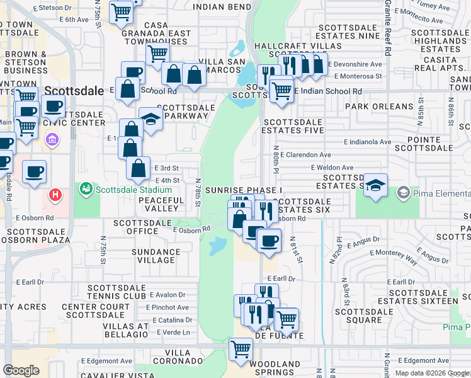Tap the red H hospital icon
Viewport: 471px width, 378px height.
click(56, 195)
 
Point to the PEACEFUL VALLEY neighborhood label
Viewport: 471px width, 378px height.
click(161, 204)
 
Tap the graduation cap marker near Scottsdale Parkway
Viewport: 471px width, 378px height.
click(150, 119)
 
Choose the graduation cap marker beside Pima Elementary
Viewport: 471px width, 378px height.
click(375, 185)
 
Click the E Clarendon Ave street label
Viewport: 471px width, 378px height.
click(306, 154)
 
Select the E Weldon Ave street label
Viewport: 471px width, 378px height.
click(332, 168)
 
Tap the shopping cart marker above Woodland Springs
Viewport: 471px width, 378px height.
click(241, 348)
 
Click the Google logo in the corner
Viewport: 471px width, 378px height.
click(21, 370)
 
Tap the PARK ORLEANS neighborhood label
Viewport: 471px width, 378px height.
click(374, 106)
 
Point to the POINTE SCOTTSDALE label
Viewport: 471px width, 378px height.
click(426, 143)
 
